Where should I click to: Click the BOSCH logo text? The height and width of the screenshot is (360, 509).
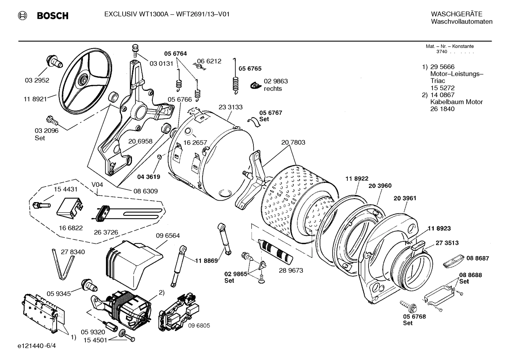coord(52,16)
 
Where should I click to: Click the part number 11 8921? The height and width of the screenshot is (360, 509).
coord(35,99)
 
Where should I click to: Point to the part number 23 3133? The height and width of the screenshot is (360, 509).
coord(230,107)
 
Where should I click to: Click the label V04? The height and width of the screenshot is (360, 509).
coord(97,184)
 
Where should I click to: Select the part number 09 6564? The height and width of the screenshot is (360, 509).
coord(168,236)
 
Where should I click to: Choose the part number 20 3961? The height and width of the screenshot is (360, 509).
coord(405,198)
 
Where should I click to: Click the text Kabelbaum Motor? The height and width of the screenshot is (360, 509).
coord(456,102)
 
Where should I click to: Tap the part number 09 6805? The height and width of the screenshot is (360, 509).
coord(199,325)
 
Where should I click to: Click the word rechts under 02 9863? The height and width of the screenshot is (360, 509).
coord(273,89)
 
